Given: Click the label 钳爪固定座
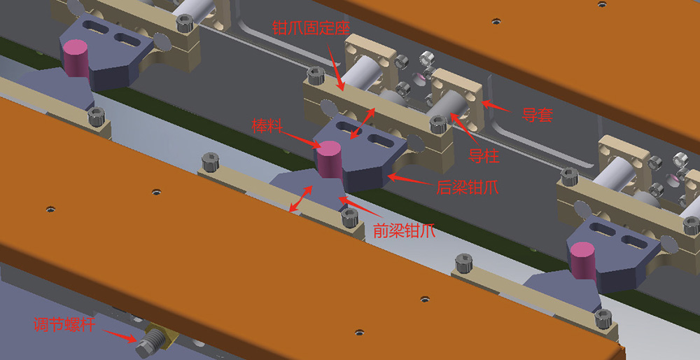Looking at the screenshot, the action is click(311, 28).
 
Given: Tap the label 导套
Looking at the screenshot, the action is click(538, 116).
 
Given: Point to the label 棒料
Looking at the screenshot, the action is click(267, 125).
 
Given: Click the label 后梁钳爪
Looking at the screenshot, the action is click(467, 188).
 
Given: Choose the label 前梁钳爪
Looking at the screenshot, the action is click(404, 232).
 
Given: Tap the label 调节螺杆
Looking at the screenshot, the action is click(64, 324).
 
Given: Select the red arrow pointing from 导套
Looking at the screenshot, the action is click(497, 106).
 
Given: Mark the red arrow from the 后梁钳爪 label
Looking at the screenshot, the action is click(409, 179).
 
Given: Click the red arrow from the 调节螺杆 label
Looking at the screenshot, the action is click(120, 336).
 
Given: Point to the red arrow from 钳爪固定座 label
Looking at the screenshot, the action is click(336, 69).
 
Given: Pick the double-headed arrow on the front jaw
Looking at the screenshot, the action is click(301, 198).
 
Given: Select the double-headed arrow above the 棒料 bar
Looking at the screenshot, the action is click(363, 123).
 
